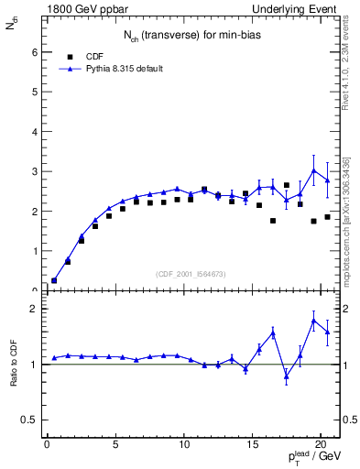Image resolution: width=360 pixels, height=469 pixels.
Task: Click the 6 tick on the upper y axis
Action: coord(35,52)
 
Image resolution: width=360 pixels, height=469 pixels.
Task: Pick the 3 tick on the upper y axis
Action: coord(35,171)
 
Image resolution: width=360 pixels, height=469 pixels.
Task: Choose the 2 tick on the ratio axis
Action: coord(35,309)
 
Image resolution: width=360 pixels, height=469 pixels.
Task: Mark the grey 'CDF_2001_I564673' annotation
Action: coord(191,274)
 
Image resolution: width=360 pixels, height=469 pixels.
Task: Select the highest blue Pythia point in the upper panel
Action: coord(314,170)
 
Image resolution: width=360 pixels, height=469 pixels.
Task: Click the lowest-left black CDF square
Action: coord(54,280)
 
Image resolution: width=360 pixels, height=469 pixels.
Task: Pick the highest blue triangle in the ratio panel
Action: coord(314,320)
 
